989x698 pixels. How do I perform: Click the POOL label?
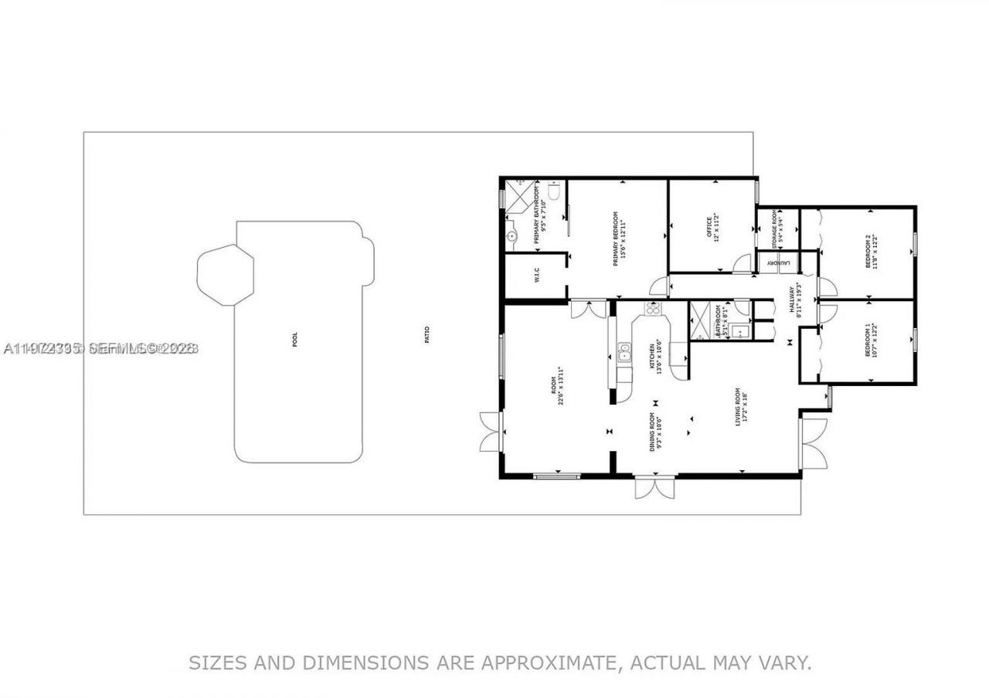point(294,341)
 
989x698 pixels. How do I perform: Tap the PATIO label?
point(427,334)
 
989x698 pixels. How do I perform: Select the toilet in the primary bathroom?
point(554,191)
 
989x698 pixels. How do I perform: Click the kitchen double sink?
point(624,354)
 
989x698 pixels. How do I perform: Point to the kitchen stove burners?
point(652,310)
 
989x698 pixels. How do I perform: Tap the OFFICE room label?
point(710,227)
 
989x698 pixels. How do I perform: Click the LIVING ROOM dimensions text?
point(746,407)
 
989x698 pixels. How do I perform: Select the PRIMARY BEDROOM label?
point(616,239)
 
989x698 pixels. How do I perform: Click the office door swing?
point(743,263)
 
